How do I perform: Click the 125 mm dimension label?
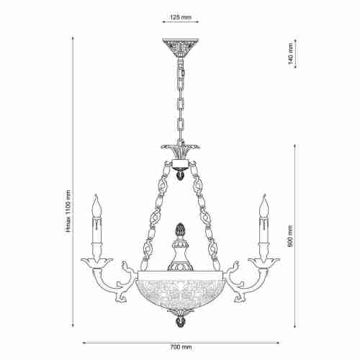(181, 17)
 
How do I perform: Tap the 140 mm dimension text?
(291, 53)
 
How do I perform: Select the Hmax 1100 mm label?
(69, 211)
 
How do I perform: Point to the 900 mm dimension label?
(291, 236)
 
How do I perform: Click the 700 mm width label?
(181, 347)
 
